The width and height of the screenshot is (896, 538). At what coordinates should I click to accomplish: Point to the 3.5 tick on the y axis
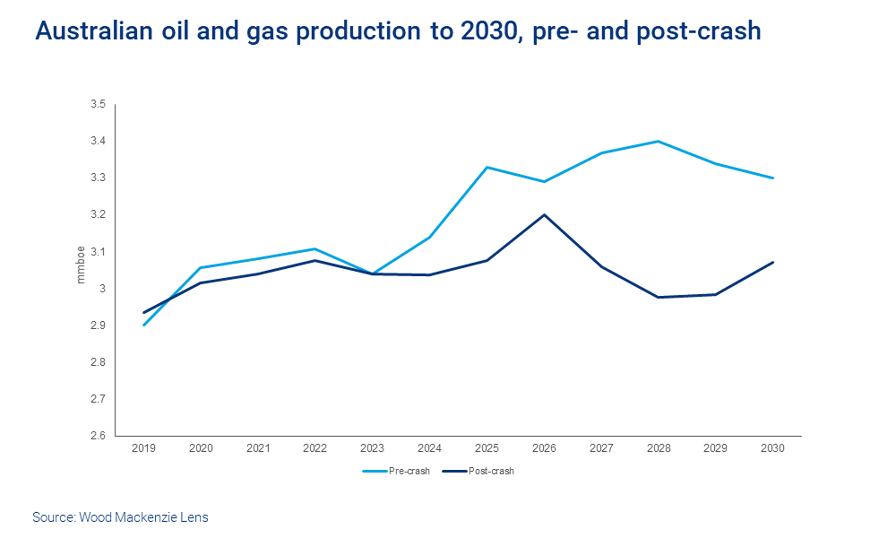98,104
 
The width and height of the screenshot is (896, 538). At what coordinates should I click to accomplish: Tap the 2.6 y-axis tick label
98,435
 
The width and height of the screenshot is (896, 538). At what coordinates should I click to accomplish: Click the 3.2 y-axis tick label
98,214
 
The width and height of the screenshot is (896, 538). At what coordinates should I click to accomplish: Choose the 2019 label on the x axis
143,448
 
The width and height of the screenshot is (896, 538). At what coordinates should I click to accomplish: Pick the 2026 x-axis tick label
544,448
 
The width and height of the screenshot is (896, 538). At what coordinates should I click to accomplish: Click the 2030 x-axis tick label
773,448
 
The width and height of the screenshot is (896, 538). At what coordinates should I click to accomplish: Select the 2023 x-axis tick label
372,448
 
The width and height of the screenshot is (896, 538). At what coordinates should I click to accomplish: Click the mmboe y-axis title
81,265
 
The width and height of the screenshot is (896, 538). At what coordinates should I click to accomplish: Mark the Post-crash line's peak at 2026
544,215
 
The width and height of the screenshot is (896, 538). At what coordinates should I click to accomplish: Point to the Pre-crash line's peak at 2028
659,141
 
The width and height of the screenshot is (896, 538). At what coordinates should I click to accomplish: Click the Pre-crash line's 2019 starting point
144,325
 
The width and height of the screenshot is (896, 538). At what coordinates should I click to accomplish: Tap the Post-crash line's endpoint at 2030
773,262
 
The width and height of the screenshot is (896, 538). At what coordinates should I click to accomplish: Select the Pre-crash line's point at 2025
487,167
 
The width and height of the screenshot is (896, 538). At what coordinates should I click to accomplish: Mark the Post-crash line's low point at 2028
659,297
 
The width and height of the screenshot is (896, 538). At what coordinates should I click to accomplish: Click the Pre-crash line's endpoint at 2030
773,178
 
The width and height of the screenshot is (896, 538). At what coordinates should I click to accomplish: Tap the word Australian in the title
94,31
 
